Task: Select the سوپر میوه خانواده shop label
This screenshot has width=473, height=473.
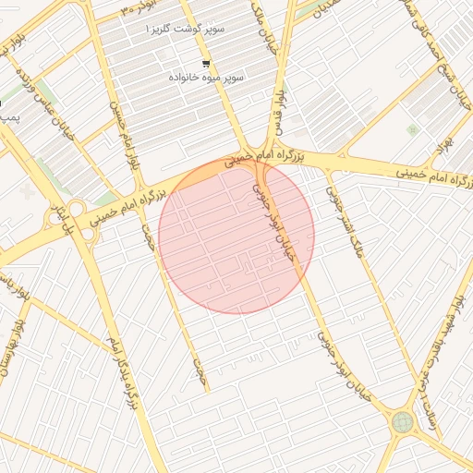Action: [206, 79]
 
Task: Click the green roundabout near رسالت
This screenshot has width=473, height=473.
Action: [402, 422]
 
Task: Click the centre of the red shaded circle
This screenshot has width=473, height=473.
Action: [236, 236]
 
